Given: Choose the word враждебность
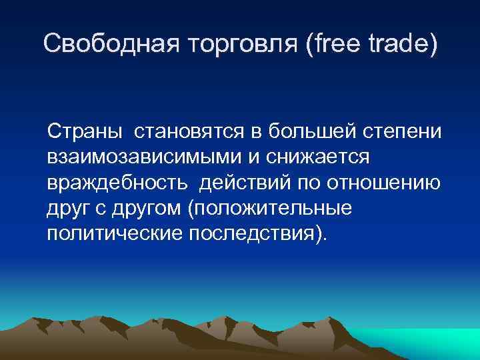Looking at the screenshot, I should [x=119, y=183].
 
